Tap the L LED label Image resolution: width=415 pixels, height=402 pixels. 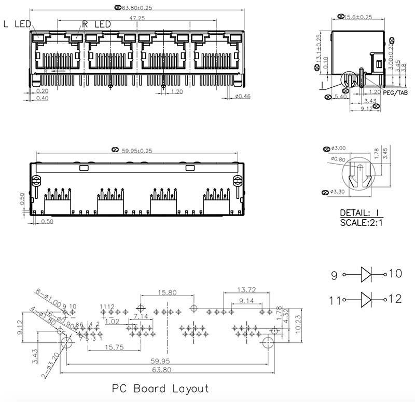click(17, 23)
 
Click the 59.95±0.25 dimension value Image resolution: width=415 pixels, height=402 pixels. click(137, 151)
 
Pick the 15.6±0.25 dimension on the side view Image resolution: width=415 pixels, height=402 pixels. click(358, 17)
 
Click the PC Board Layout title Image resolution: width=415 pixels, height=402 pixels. click(160, 388)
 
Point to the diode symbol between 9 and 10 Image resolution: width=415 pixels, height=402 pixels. click(366, 274)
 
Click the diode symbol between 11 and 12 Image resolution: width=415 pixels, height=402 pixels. click(366, 299)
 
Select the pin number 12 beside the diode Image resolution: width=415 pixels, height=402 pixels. click(395, 299)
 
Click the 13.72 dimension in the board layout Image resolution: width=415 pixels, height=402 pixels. click(246, 289)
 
